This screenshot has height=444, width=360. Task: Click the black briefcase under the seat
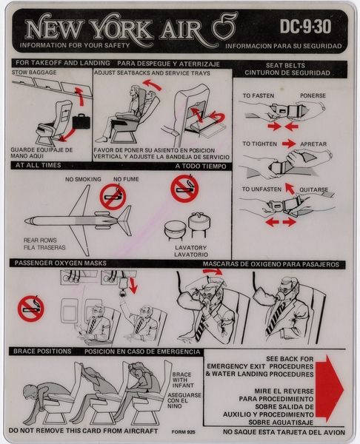click(x=81, y=119)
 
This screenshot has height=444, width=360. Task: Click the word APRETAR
click(x=315, y=143)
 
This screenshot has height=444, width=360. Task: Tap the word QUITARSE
click(x=316, y=189)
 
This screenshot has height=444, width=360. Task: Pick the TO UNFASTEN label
click(x=262, y=189)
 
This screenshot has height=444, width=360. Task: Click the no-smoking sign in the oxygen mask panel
click(x=31, y=308)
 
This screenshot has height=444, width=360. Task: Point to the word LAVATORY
click(x=192, y=247)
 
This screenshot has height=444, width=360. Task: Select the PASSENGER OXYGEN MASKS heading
click(x=57, y=263)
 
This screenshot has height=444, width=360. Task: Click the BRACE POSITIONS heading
click(x=41, y=351)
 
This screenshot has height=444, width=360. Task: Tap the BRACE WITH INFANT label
click(x=182, y=380)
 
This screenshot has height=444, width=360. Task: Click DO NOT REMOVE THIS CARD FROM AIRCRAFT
click(x=74, y=430)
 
